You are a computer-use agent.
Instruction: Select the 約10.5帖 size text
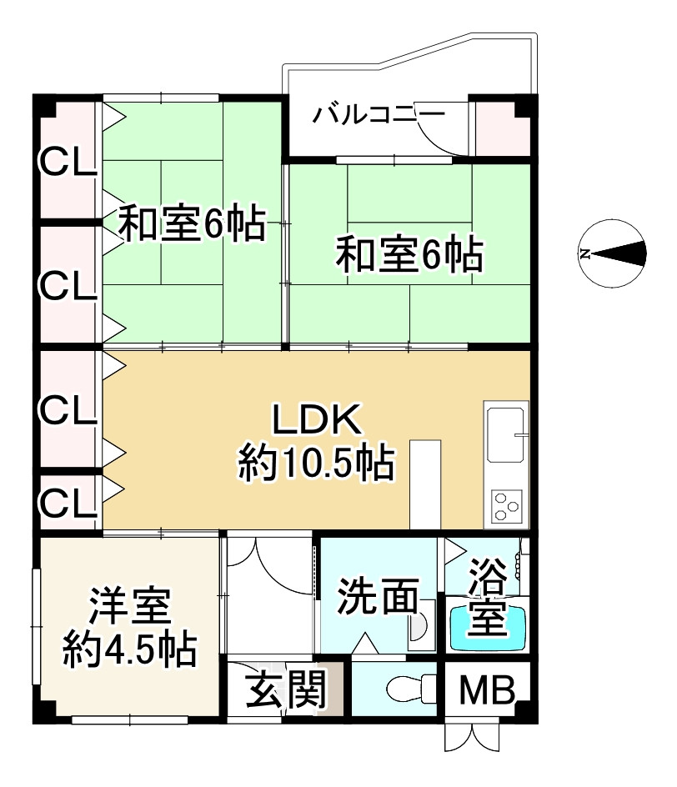coord(316,464)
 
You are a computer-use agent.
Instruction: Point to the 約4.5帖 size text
coord(130,649)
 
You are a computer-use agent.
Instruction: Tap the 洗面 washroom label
coord(378,596)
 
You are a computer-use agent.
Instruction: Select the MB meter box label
coord(485,690)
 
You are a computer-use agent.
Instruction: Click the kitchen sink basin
coord(505,434)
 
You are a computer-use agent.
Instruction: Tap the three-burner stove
coord(505,504)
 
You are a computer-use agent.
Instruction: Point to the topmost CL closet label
coord(68,162)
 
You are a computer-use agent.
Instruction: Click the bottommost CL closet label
coord(68,502)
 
